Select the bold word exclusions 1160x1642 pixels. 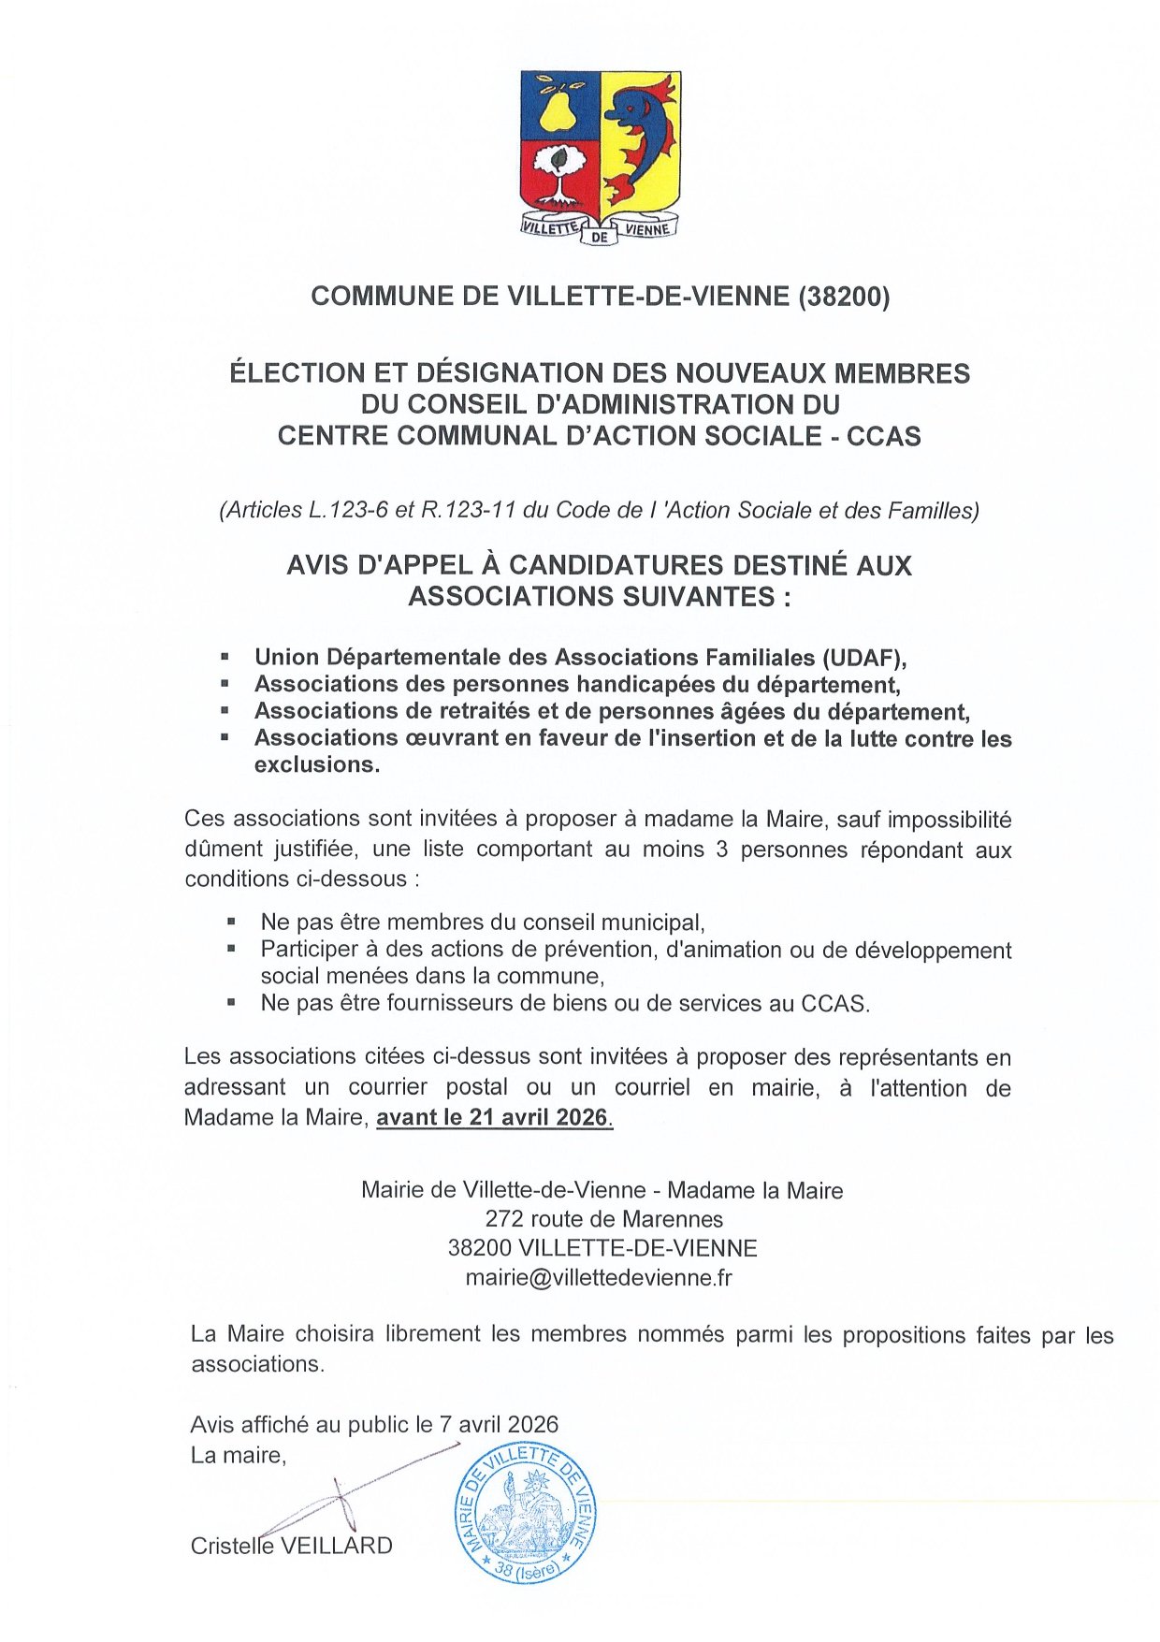(x=316, y=764)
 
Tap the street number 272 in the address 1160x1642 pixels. (x=504, y=1219)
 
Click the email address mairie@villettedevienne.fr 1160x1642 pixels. (x=599, y=1277)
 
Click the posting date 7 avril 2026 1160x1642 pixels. (x=498, y=1425)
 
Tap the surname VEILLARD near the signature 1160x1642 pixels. (x=337, y=1546)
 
